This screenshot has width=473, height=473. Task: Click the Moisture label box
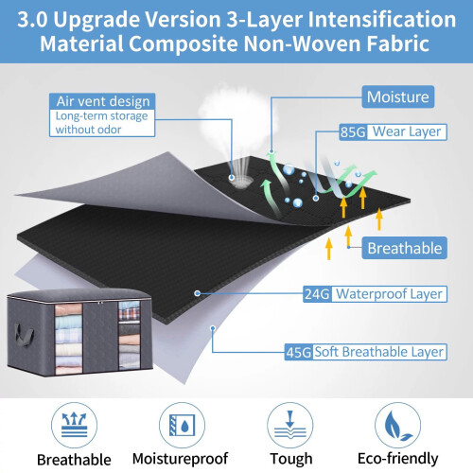(398, 96)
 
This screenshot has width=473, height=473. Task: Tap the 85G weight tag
(353, 132)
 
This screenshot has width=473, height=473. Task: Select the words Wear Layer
(407, 131)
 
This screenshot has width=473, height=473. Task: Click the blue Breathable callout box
(404, 248)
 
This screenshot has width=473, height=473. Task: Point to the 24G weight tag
(317, 294)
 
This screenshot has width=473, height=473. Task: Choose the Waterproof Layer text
(389, 294)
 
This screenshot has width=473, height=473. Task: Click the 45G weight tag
(298, 352)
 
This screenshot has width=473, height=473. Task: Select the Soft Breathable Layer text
(379, 352)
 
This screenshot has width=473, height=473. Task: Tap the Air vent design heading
(102, 101)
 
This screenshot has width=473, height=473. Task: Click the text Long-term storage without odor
(101, 123)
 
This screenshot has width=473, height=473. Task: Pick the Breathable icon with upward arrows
(74, 425)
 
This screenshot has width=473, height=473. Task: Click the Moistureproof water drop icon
(182, 425)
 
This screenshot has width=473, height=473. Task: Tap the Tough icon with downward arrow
(290, 425)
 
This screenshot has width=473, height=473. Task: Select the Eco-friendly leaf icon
(398, 425)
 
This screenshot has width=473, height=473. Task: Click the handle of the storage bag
(24, 334)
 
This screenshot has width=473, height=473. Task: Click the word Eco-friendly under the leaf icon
(398, 459)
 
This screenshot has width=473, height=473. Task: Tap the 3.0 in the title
(32, 20)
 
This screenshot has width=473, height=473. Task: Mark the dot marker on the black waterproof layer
(198, 293)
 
